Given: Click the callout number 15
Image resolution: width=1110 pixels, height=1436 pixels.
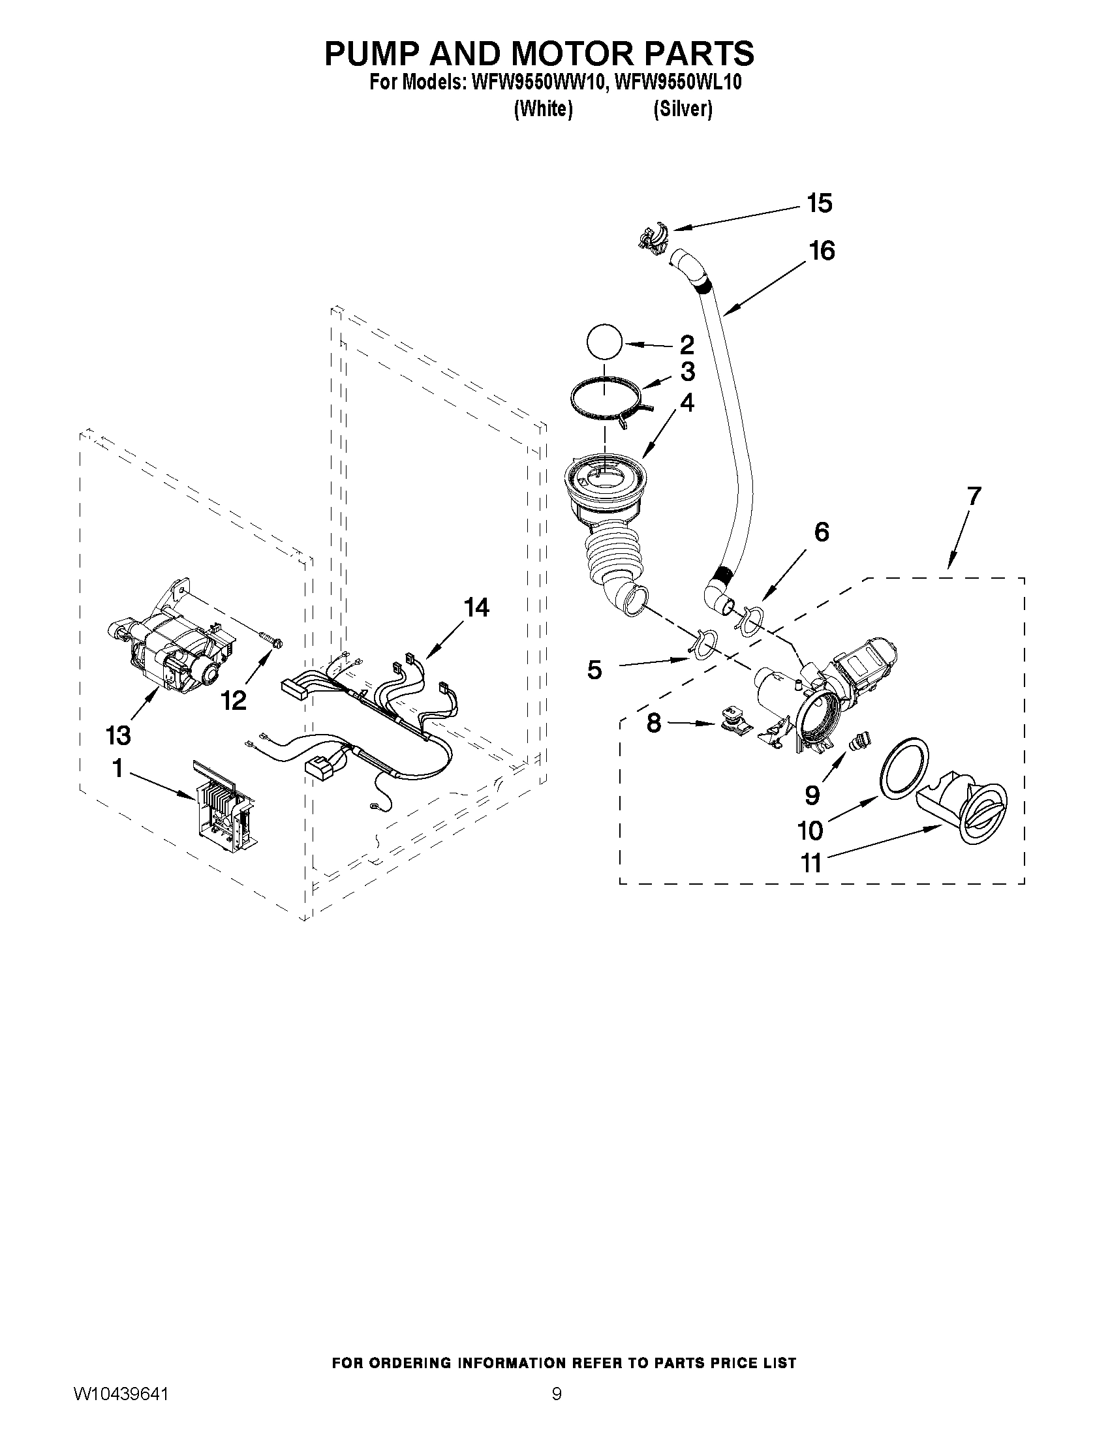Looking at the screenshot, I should [x=820, y=203].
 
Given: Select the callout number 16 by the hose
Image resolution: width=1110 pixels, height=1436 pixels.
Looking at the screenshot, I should [x=822, y=251].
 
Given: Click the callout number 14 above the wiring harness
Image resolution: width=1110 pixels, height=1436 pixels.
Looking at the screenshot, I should [x=476, y=607].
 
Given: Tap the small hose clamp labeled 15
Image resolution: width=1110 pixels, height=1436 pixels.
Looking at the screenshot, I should [x=653, y=236].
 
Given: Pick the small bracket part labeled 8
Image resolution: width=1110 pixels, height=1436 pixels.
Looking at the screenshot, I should [x=732, y=721].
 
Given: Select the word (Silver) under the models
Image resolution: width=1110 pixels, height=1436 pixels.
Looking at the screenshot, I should [x=683, y=109].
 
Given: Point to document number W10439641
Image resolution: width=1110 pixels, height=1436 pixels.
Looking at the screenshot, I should [x=121, y=1392].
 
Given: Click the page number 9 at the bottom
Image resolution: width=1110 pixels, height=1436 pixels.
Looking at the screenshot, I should [x=557, y=1392].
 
